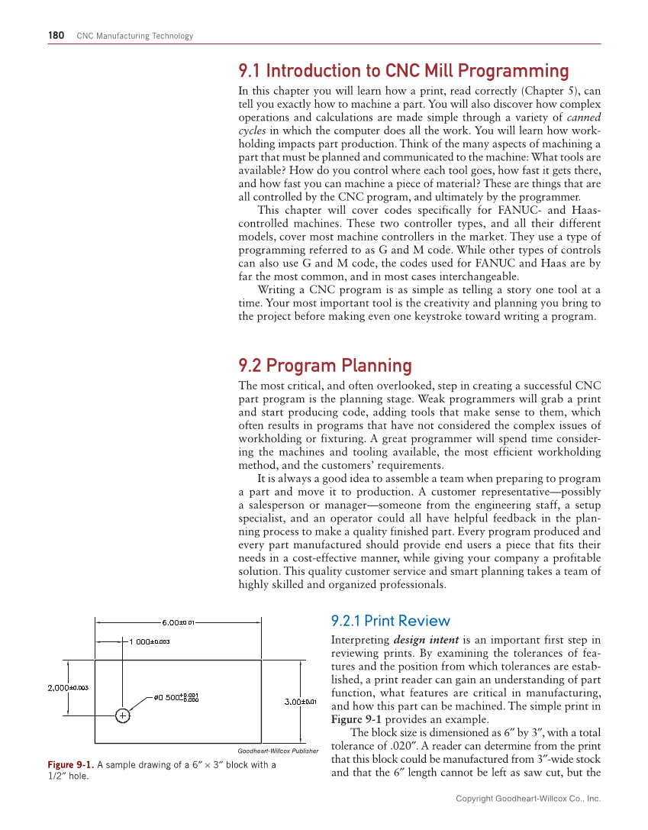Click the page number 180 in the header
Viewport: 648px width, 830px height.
coord(56,36)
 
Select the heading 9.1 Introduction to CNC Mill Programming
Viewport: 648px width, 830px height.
coord(404,71)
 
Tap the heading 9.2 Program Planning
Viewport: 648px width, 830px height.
coord(325,366)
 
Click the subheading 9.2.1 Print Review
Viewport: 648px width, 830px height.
coord(390,621)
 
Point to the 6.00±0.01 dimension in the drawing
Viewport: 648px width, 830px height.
coord(179,622)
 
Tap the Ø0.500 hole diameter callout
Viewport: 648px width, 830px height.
coord(176,696)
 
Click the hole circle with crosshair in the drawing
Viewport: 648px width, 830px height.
coord(121,715)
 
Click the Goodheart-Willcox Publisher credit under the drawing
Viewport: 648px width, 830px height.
coord(277,751)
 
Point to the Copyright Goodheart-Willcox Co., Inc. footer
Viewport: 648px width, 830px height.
coord(528,798)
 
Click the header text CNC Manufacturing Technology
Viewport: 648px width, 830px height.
coord(135,36)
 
